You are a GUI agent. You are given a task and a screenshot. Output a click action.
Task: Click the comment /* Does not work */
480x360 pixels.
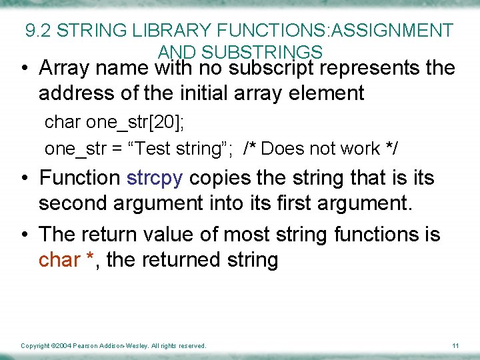(321, 148)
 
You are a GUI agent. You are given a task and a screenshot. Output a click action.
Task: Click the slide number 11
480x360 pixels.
(455, 345)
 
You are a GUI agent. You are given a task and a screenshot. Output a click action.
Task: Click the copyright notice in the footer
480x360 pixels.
(113, 345)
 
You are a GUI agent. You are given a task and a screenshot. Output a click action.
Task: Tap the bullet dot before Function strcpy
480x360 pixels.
(24, 179)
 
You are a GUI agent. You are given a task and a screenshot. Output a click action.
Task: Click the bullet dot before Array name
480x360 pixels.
(24, 69)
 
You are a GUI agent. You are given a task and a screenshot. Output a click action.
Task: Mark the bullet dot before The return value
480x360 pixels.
(24, 235)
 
